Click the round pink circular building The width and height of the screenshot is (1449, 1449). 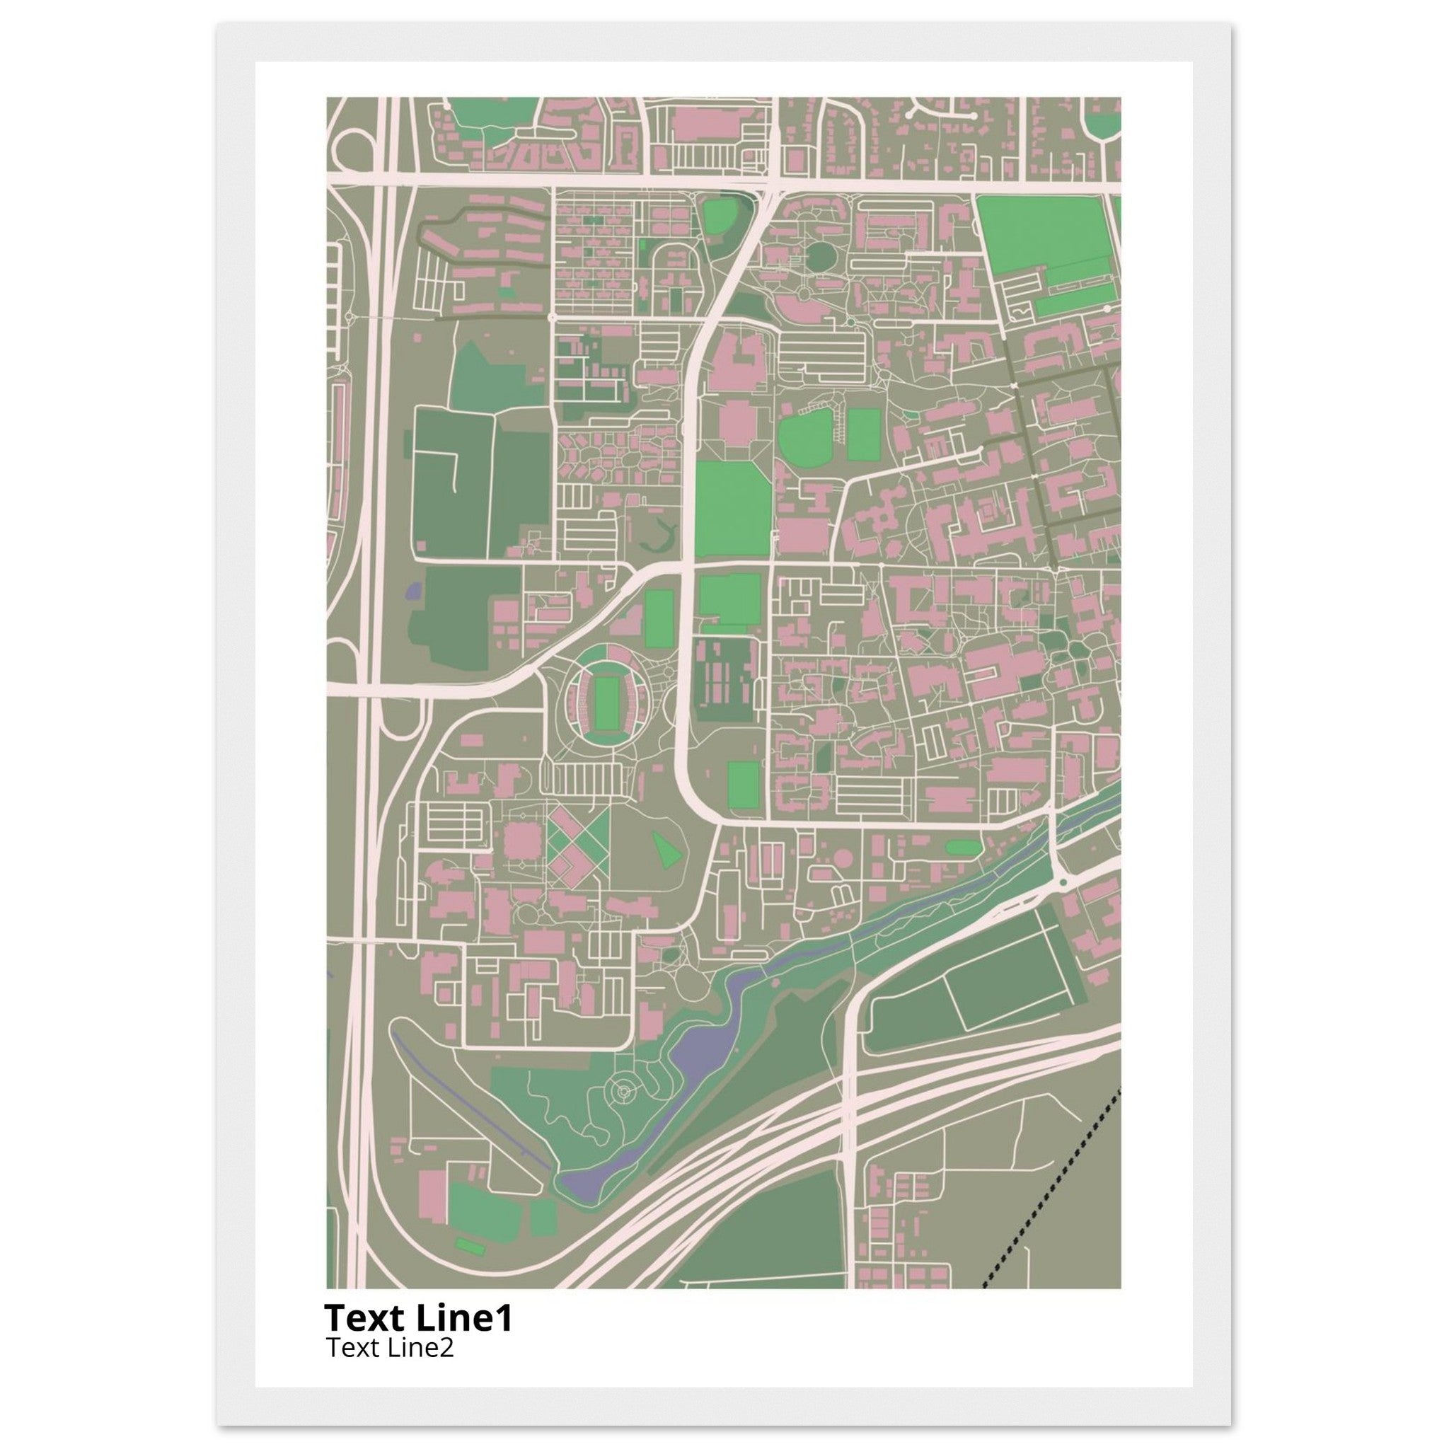pyautogui.click(x=845, y=857)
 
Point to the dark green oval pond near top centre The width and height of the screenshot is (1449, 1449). pyautogui.click(x=821, y=258)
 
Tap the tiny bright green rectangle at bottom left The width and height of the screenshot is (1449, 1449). pyautogui.click(x=470, y=1246)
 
